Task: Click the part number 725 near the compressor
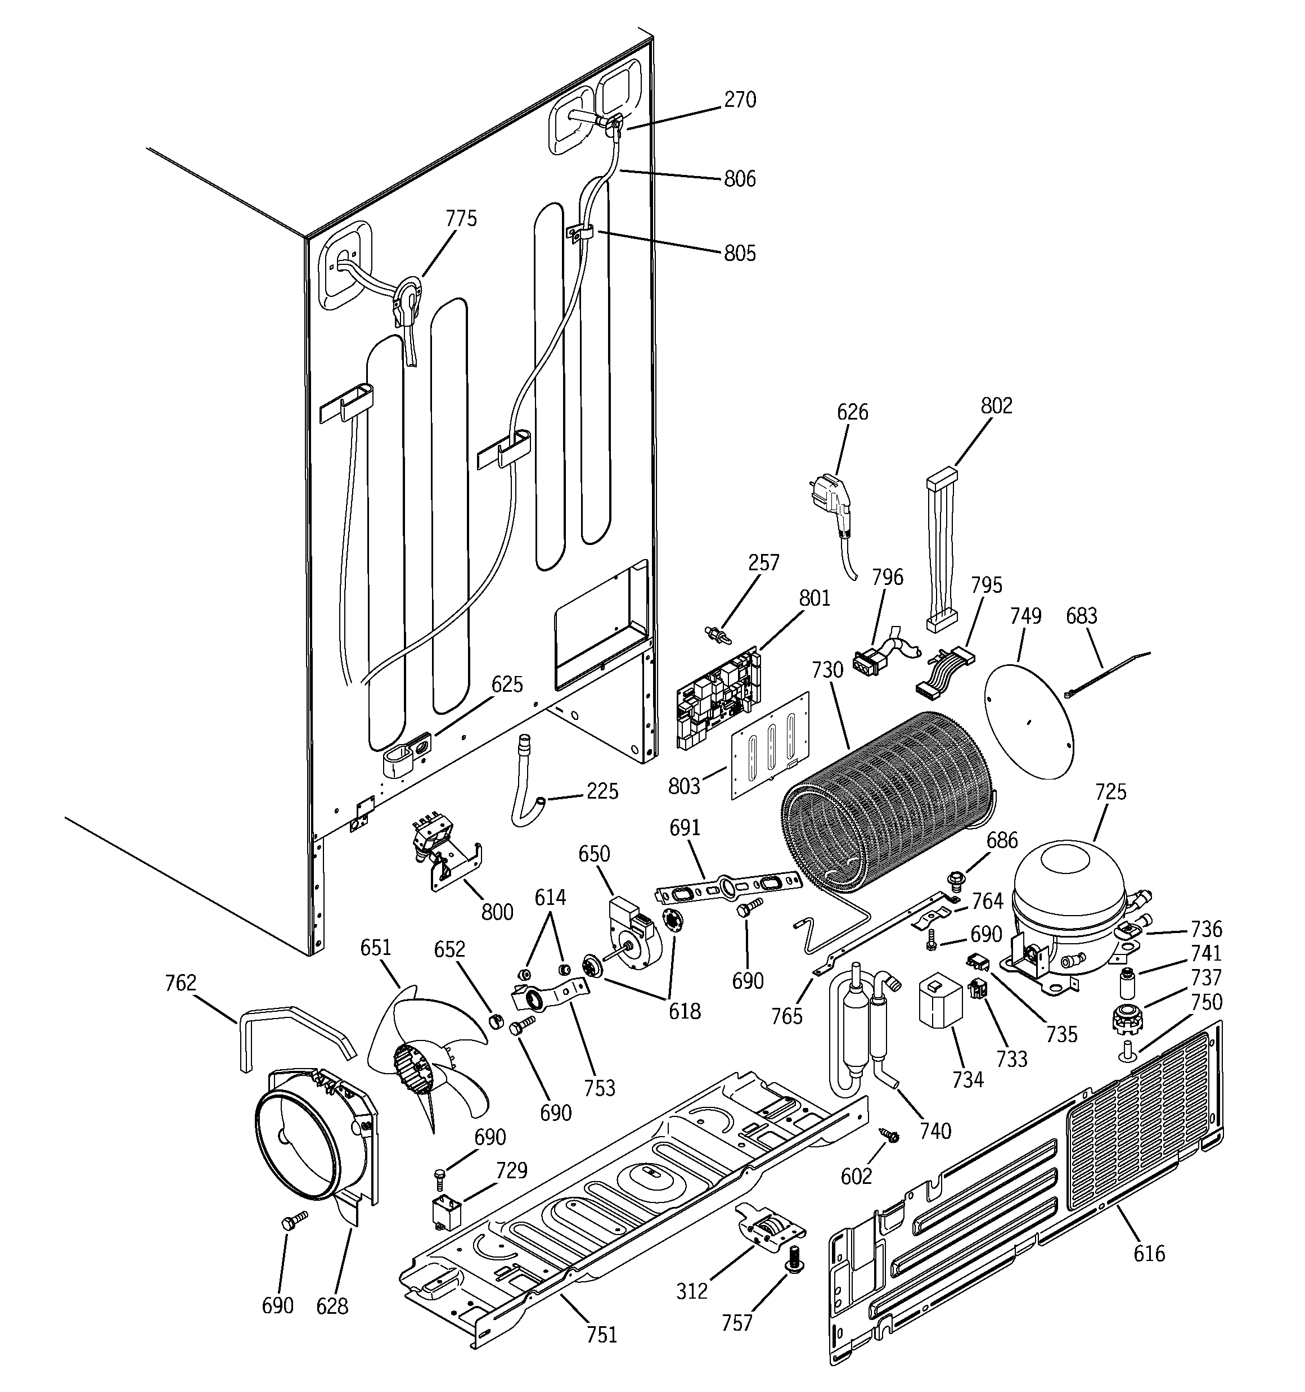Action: [x=1110, y=792]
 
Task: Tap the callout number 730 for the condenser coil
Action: [x=827, y=670]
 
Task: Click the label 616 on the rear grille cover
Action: [x=1149, y=1253]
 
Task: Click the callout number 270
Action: [x=740, y=100]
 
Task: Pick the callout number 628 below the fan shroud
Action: [x=331, y=1305]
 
